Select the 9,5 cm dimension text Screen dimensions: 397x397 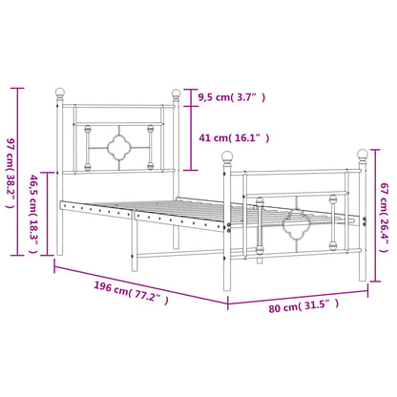[x=233, y=97]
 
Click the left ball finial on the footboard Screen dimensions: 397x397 [x=227, y=155]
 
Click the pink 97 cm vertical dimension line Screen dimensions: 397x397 [x=18, y=171]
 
